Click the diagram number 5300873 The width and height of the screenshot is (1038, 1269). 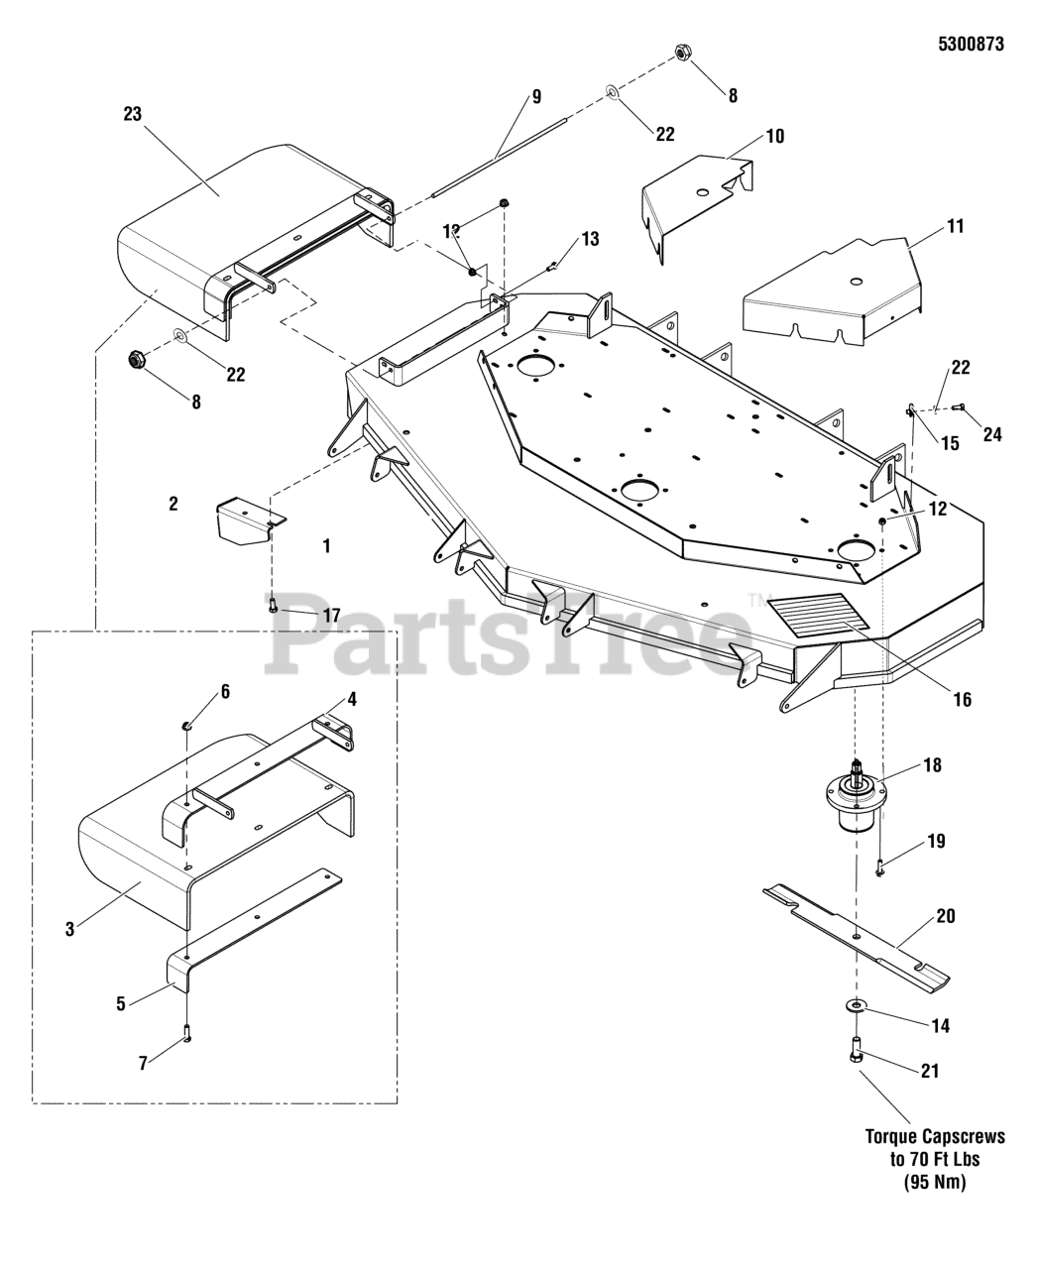971,44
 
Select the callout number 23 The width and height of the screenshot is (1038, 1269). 132,115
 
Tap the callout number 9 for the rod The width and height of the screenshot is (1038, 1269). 535,97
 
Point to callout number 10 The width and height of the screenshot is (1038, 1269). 774,136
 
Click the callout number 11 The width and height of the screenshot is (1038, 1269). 955,226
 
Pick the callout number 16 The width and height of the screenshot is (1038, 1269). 962,700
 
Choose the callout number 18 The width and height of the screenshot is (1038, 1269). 932,765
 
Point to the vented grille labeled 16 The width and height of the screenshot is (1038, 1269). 818,612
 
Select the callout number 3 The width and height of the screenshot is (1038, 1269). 69,929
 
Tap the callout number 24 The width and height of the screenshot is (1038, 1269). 991,434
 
